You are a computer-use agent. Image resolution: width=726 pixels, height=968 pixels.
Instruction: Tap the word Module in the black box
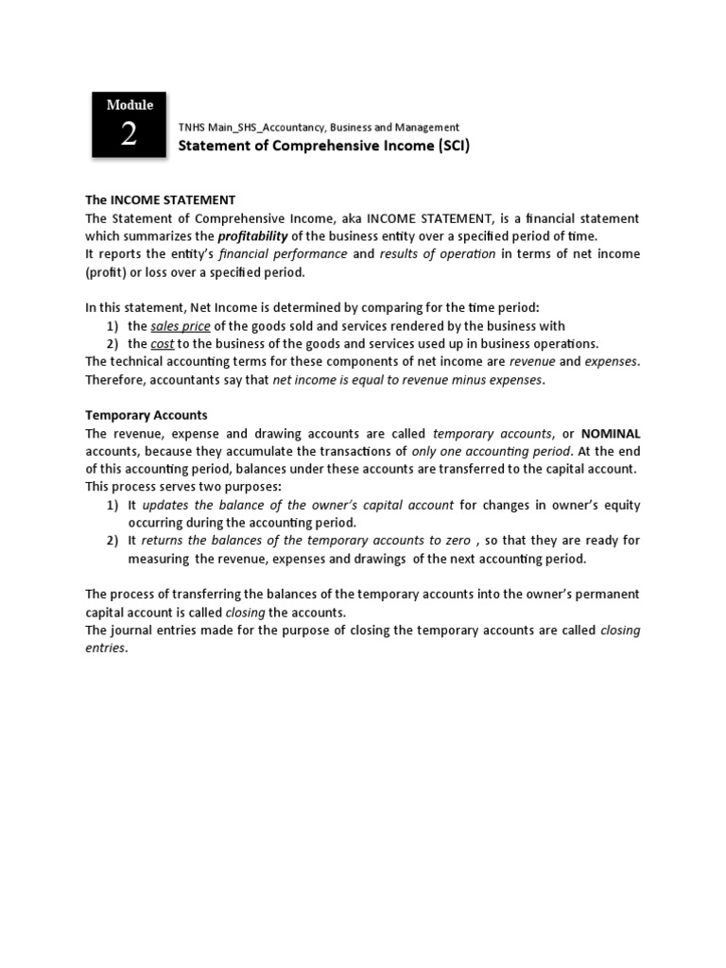(129, 105)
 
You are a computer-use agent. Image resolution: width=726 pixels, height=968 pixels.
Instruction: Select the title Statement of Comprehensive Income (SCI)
(324, 146)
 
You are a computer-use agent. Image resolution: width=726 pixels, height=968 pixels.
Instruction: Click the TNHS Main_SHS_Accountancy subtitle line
(320, 127)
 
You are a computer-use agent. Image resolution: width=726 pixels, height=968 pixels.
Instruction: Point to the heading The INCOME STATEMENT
(160, 200)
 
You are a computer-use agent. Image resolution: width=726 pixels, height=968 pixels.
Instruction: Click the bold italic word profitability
(253, 236)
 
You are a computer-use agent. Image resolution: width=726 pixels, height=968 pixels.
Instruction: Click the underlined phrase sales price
(181, 325)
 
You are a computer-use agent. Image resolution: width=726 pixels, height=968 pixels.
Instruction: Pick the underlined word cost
(163, 343)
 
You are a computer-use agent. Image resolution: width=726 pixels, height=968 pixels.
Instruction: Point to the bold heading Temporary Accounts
(147, 415)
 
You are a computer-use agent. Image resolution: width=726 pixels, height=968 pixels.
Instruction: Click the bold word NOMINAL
(604, 433)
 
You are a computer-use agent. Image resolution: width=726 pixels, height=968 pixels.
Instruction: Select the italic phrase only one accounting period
(492, 451)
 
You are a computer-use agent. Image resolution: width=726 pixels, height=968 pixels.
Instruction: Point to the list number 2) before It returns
(112, 541)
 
